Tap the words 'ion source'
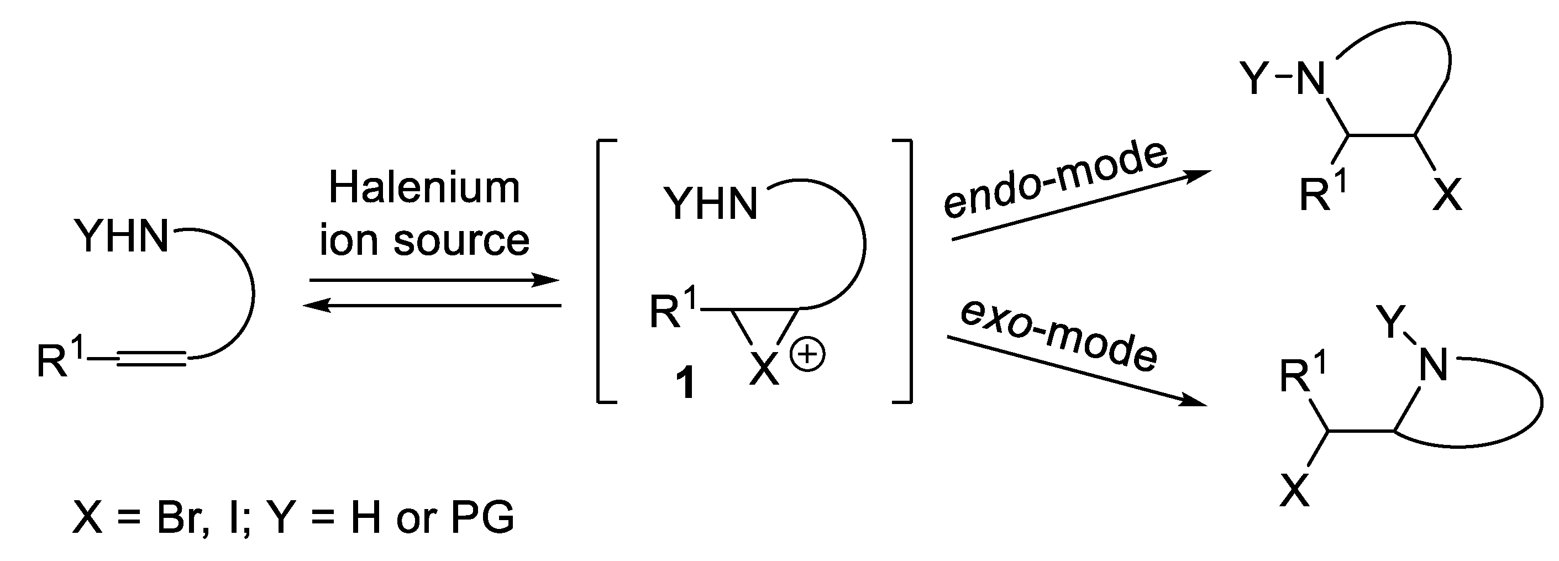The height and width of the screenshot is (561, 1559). point(424,240)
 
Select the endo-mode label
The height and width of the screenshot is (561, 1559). point(1056,179)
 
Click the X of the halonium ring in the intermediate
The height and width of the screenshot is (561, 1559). point(764,369)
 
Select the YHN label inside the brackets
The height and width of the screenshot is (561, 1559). point(711,203)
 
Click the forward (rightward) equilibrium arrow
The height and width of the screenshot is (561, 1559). point(433,280)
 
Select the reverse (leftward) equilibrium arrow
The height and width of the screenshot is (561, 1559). point(432,306)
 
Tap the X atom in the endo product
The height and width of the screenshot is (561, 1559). point(1447,195)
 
